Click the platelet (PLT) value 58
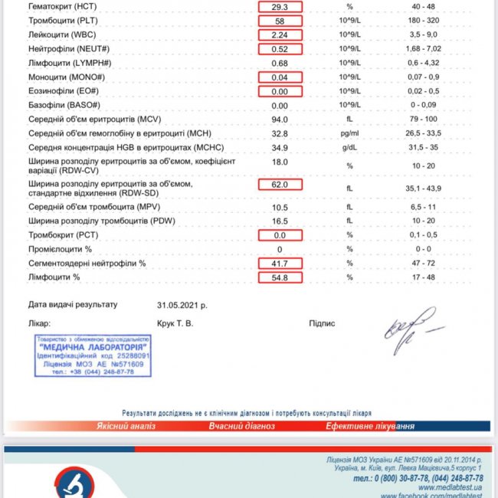pos(280,21)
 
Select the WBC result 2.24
pos(280,34)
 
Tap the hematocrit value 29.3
pos(280,6)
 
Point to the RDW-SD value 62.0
pos(280,185)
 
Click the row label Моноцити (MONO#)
pos(70,77)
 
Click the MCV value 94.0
pos(280,119)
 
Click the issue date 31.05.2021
pos(182,304)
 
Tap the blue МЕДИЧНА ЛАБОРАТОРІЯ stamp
pos(92,355)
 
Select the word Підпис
pos(322,323)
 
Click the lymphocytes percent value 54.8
pos(280,277)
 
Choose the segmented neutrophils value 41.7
pos(280,264)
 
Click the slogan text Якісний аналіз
pos(126,426)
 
